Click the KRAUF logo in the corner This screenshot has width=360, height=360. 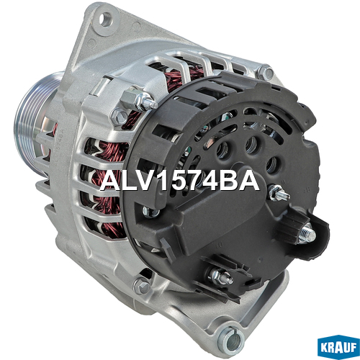coord(338,347)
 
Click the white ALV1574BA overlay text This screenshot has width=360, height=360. coord(179,181)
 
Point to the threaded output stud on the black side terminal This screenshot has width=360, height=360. coord(307,233)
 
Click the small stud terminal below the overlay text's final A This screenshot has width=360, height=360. coord(279,193)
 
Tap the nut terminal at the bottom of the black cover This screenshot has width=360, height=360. coord(220,276)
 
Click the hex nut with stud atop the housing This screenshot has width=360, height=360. coord(139,99)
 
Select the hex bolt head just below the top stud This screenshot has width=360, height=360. coord(120,117)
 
